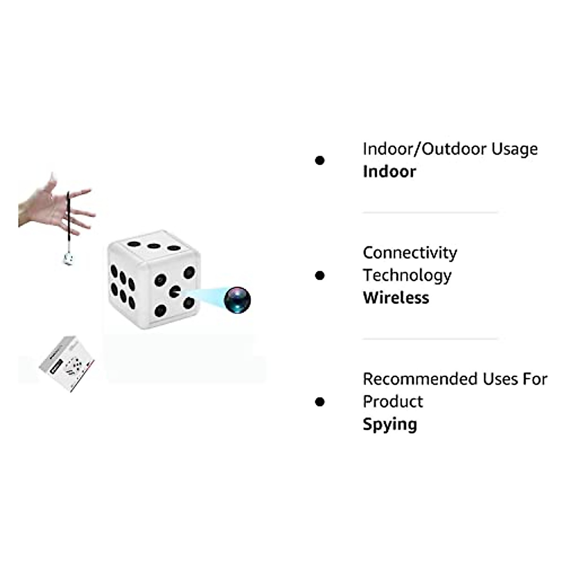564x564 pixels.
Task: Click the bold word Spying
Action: coord(390,424)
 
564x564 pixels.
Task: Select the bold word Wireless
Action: coord(396,298)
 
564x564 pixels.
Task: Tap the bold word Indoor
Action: coord(389,172)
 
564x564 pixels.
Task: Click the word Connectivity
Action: coord(410,253)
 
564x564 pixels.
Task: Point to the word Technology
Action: coord(407,275)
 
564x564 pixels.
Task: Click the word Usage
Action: coord(514,149)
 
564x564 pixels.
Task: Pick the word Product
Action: coord(393,401)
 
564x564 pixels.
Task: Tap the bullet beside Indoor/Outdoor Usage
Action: coord(320,161)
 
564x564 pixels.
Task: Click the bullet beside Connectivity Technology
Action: coord(320,275)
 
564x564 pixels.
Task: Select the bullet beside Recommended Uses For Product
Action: coord(320,402)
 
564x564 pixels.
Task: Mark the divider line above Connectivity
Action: coord(430,213)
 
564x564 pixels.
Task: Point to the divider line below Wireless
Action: coord(430,339)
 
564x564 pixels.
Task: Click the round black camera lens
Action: coord(237,300)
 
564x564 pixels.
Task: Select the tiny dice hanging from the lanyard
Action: coord(69,259)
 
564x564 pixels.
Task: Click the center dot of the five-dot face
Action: coord(175,291)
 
